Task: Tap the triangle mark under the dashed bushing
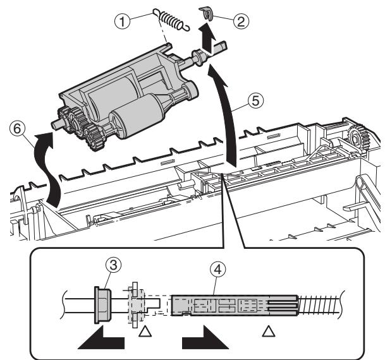point(145,330)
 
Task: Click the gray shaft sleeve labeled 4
point(234,305)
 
